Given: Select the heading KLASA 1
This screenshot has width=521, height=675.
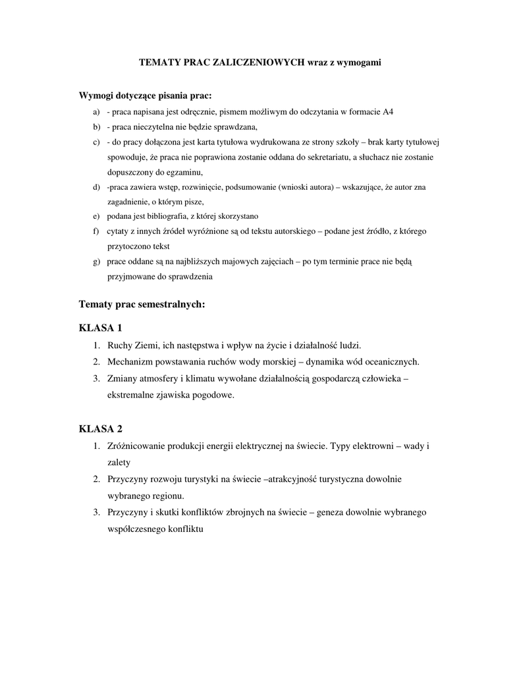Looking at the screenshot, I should [x=101, y=328].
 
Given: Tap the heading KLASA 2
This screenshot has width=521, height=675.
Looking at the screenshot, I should [x=101, y=429].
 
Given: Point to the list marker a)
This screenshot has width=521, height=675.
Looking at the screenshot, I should [x=96, y=111].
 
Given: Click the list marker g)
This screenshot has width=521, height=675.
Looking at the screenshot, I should [x=96, y=262].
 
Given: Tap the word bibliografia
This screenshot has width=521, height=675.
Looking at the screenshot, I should [x=163, y=216].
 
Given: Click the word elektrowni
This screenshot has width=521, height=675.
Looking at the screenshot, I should [x=373, y=446].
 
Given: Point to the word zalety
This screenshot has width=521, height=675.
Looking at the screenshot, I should [x=119, y=463].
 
